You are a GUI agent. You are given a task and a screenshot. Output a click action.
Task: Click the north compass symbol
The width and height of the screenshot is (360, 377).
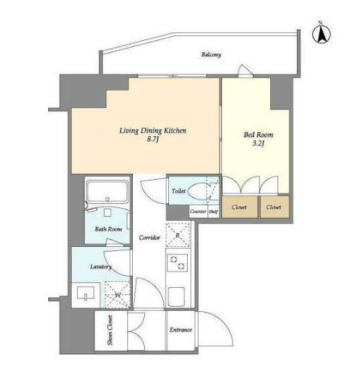[321, 33]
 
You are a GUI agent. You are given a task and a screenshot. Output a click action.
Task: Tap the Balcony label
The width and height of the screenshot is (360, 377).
[211, 55]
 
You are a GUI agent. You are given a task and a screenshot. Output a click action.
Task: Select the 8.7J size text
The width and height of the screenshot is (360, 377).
[153, 140]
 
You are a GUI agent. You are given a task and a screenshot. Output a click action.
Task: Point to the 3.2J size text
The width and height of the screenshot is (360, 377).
[258, 144]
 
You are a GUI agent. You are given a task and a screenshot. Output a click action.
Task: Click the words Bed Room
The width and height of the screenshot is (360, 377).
[258, 135]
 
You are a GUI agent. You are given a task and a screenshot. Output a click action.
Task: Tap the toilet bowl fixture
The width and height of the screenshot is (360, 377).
[200, 191]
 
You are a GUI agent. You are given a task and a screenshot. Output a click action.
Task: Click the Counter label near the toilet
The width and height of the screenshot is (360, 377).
[198, 211]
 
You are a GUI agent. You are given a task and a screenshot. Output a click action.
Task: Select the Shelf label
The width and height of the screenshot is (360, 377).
[213, 211]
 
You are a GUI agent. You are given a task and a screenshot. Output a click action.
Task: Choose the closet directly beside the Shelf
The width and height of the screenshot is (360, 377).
[239, 207]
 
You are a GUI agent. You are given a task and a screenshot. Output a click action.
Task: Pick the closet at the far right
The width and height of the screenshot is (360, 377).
[275, 207]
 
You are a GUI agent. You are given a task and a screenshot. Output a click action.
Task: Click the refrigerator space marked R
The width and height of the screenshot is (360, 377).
[178, 235]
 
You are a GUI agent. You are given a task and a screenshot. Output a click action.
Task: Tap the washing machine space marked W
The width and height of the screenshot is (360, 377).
[118, 294]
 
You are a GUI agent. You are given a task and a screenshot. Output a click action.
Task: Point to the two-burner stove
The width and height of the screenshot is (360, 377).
[178, 263]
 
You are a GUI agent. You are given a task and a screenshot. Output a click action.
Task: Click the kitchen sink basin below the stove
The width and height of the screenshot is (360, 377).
[176, 297]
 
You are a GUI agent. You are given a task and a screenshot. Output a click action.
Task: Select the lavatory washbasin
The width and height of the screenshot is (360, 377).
[86, 293]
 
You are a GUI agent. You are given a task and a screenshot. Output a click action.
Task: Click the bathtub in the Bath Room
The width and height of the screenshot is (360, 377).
[107, 192]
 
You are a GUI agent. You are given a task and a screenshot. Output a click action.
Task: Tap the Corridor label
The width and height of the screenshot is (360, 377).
[149, 237]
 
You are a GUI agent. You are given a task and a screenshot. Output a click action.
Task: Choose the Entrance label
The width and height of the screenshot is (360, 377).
[181, 329]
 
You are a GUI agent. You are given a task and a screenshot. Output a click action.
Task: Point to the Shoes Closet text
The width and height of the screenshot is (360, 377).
[110, 330]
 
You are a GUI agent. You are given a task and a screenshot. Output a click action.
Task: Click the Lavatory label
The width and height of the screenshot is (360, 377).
[101, 266]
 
